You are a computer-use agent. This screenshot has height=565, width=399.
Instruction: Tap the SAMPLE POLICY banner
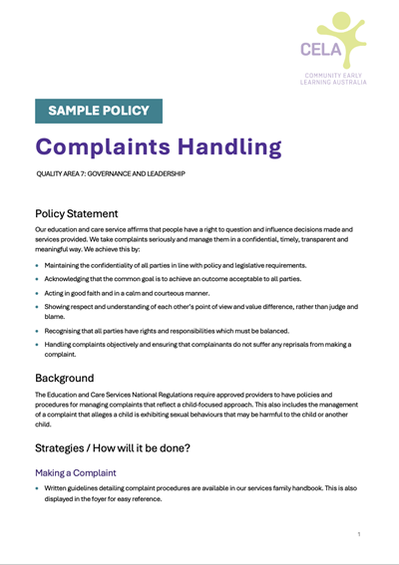[x=98, y=111]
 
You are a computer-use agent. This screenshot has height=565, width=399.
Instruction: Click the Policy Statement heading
[x=76, y=213]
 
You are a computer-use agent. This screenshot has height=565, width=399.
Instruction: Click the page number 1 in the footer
[x=359, y=535]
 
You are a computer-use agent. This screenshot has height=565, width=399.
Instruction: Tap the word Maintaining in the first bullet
[x=65, y=265]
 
